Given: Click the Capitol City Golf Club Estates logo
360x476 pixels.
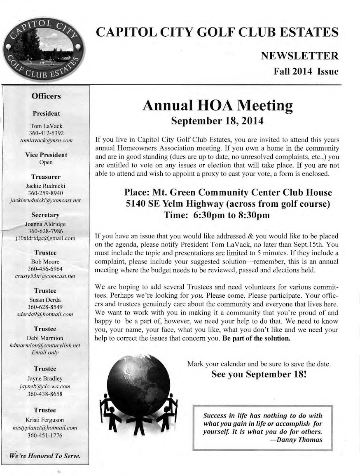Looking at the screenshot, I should [x=43, y=49].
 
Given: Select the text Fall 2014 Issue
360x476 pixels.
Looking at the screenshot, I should [x=306, y=72].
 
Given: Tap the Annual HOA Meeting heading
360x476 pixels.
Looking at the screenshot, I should [x=217, y=106].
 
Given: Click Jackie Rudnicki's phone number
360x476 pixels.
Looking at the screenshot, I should [x=46, y=193].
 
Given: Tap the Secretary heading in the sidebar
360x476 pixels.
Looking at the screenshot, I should [x=45, y=215].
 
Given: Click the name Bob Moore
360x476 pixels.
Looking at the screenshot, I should [x=45, y=261].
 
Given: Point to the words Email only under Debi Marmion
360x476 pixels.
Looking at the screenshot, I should [x=45, y=352].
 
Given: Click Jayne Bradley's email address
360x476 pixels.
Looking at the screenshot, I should [x=44, y=386].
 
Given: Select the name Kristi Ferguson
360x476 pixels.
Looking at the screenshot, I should [x=45, y=420].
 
